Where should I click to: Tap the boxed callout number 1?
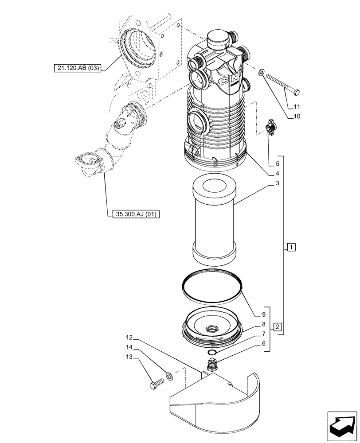(x=290, y=247)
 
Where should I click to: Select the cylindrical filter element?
(x=213, y=221)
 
